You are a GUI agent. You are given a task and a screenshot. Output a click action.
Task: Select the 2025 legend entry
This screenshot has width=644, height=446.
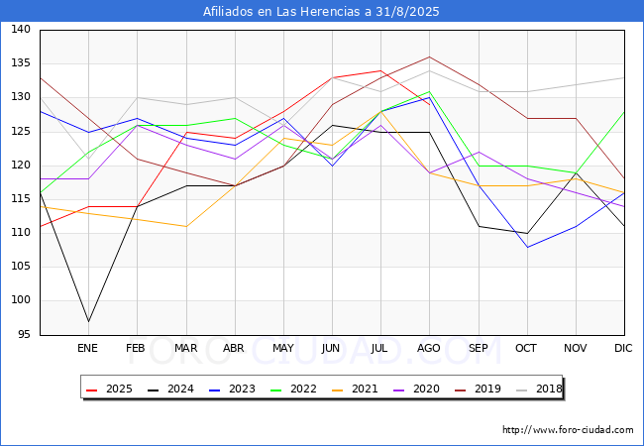click(x=109, y=389)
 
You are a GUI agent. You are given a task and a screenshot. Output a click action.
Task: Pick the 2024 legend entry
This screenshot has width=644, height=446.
click(x=170, y=389)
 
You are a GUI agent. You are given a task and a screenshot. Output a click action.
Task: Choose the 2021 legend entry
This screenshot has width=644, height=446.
click(x=355, y=389)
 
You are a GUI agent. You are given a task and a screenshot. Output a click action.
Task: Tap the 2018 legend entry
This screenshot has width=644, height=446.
click(x=539, y=389)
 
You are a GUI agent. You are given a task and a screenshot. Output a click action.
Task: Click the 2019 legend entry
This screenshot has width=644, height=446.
click(x=478, y=389)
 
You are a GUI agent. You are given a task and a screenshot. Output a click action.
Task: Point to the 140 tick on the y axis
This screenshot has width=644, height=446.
click(x=21, y=29)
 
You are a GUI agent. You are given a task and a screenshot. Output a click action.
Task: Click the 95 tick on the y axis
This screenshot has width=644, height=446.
click(x=24, y=334)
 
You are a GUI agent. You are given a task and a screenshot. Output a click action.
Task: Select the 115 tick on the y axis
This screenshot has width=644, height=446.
click(x=21, y=199)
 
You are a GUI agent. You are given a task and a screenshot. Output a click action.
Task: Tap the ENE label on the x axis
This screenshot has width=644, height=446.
click(x=87, y=348)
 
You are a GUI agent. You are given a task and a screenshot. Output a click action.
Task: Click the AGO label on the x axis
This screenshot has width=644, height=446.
click(x=429, y=348)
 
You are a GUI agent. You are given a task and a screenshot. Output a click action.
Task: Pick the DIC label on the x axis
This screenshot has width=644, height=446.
click(x=623, y=348)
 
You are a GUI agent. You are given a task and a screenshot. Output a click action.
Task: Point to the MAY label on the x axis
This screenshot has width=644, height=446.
click(x=283, y=348)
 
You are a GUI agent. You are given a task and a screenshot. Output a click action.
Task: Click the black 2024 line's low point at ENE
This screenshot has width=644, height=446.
click(x=89, y=321)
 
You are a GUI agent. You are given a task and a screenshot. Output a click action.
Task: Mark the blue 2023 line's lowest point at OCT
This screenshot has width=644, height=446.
click(x=527, y=247)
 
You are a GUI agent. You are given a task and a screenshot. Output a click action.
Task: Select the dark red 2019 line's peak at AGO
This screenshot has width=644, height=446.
click(x=430, y=56)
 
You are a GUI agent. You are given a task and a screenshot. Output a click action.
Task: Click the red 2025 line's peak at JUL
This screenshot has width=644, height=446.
click(x=380, y=70)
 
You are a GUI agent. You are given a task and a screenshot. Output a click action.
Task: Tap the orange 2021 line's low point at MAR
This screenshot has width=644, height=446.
click(x=186, y=226)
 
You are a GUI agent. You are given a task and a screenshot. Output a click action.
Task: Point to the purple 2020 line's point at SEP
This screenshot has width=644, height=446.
click(x=479, y=152)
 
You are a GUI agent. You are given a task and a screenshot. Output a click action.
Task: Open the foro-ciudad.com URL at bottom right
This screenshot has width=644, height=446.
click(x=568, y=430)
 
